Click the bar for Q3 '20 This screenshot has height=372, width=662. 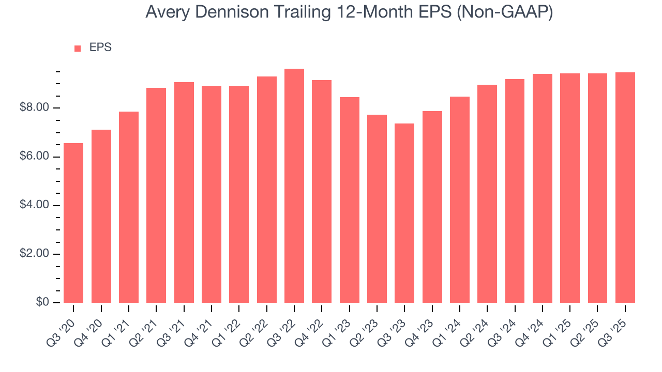pos(73,223)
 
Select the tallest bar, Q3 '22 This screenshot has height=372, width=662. pos(294,185)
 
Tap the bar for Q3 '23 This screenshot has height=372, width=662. pos(404,213)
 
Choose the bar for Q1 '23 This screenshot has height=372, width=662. pos(350,200)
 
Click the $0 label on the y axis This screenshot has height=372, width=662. pos(43,302)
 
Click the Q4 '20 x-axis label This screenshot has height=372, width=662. pos(93,323)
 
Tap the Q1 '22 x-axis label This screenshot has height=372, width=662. pos(231,323)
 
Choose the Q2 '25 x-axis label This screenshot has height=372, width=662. pos(589,323)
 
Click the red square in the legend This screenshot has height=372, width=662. pos(78,48)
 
